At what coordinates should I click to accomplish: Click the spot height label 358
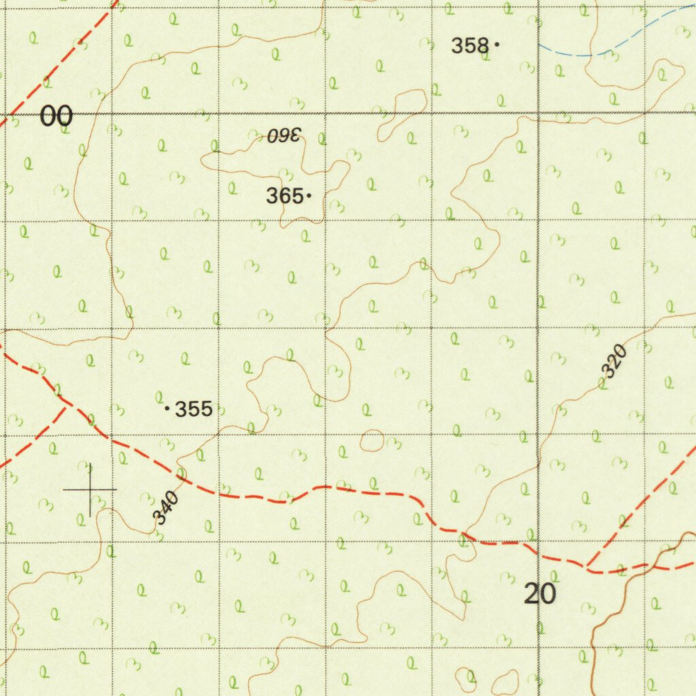470,46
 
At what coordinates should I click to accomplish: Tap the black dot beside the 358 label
497,45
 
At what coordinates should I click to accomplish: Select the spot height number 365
284,196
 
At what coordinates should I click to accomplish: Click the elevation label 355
194,409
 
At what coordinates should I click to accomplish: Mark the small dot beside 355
167,408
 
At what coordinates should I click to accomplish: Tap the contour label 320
613,361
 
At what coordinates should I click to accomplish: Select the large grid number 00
56,117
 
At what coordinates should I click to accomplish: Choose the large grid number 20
540,594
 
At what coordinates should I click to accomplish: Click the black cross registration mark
90,489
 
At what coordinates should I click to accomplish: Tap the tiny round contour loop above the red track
371,440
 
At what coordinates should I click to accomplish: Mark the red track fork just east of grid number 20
589,565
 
